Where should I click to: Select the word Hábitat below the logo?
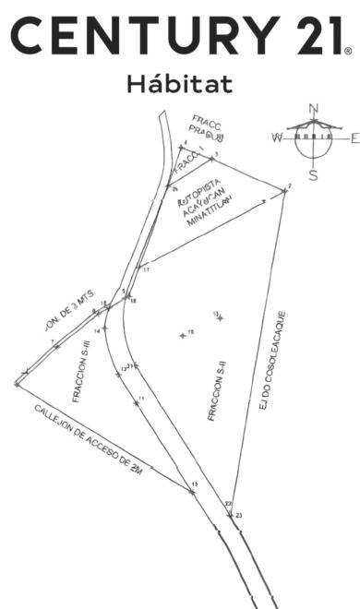[181, 84]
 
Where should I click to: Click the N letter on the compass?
[314, 108]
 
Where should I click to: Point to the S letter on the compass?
[314, 174]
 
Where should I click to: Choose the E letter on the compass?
[354, 138]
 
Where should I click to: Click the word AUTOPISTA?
[197, 187]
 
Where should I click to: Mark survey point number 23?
[238, 515]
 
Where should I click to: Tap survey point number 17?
[145, 269]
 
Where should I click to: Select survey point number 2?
[288, 187]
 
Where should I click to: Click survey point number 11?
[140, 398]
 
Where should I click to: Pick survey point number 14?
[96, 329]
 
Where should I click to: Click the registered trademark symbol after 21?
[347, 53]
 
